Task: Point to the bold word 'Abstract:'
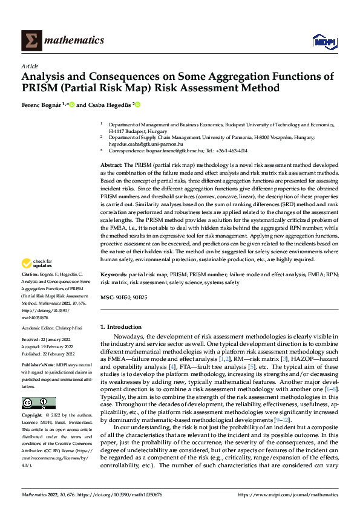[x=111, y=165]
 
